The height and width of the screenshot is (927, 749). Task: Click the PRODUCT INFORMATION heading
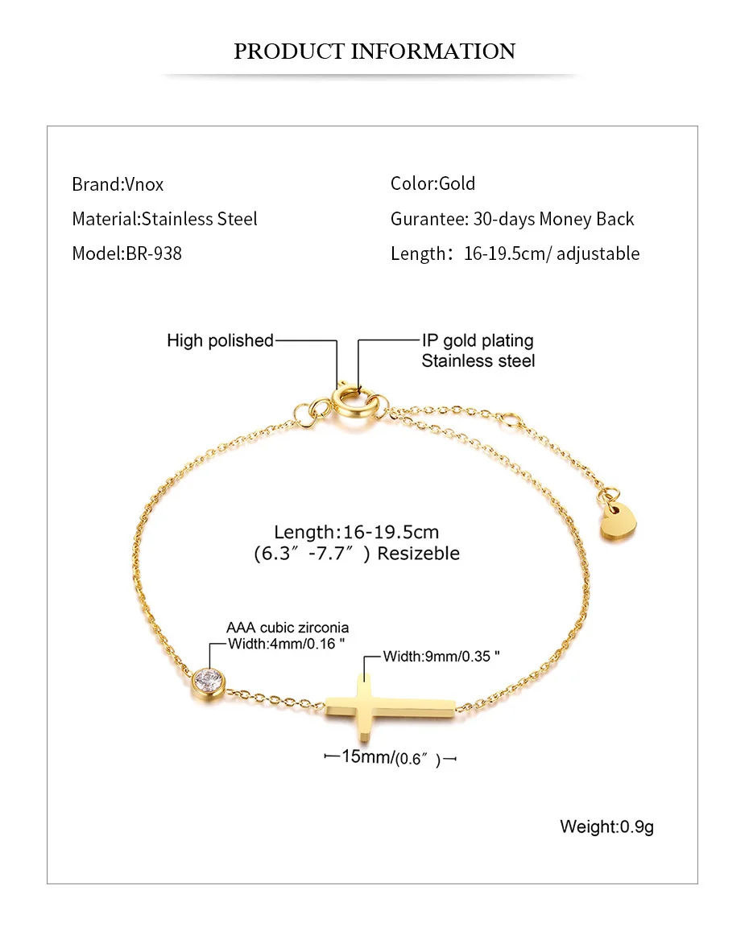point(374,51)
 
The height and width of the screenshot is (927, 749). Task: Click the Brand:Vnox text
point(118,184)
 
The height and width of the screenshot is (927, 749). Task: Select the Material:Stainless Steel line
point(164,219)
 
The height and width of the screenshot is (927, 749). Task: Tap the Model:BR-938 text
point(126,253)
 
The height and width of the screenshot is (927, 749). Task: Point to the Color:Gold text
point(432,183)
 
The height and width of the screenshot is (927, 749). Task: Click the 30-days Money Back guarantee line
point(512,219)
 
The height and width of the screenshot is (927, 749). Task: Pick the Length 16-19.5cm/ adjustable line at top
point(515,253)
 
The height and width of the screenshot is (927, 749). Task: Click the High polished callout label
point(220,340)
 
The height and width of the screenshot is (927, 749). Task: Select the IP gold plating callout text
point(478,341)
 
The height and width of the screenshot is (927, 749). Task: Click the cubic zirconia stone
point(208,682)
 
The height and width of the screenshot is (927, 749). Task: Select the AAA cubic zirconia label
point(288,628)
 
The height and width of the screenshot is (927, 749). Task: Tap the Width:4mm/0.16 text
point(287,643)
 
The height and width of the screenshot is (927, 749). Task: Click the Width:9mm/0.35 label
point(441,656)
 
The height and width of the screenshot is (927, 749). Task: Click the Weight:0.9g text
point(606,826)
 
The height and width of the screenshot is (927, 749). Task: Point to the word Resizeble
point(419,554)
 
